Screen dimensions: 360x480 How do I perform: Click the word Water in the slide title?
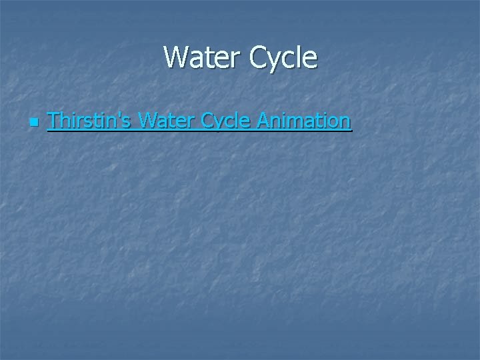pyautogui.click(x=203, y=57)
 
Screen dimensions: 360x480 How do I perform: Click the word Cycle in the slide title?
pyautogui.click(x=284, y=58)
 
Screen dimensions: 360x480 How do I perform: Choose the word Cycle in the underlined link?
pyautogui.click(x=226, y=121)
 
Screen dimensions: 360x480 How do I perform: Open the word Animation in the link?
pyautogui.click(x=303, y=121)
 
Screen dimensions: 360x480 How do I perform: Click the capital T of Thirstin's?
pyautogui.click(x=53, y=121)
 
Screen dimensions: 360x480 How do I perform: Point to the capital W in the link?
pyautogui.click(x=148, y=121)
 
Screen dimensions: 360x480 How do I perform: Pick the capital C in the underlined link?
pyautogui.click(x=209, y=121)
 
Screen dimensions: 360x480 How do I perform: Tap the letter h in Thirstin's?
pyautogui.click(x=64, y=121)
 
